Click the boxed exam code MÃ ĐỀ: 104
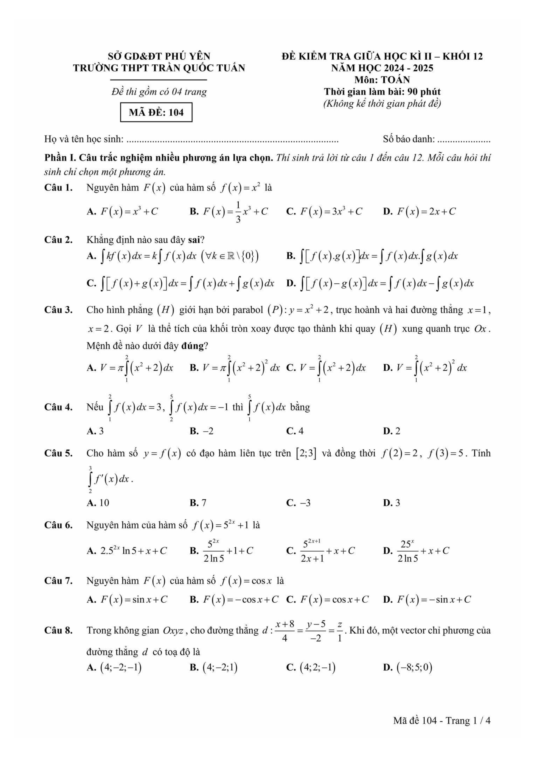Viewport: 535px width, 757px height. [156, 112]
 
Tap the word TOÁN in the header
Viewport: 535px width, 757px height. [396, 80]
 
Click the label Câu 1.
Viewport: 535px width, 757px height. [58, 188]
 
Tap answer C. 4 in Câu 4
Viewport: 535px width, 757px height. [295, 431]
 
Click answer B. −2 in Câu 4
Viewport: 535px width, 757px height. [201, 431]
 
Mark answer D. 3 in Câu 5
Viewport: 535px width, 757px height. [392, 503]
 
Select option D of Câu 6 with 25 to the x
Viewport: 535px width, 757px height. [416, 551]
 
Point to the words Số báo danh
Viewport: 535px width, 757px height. [408, 139]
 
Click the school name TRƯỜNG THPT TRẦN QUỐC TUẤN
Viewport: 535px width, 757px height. [159, 68]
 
